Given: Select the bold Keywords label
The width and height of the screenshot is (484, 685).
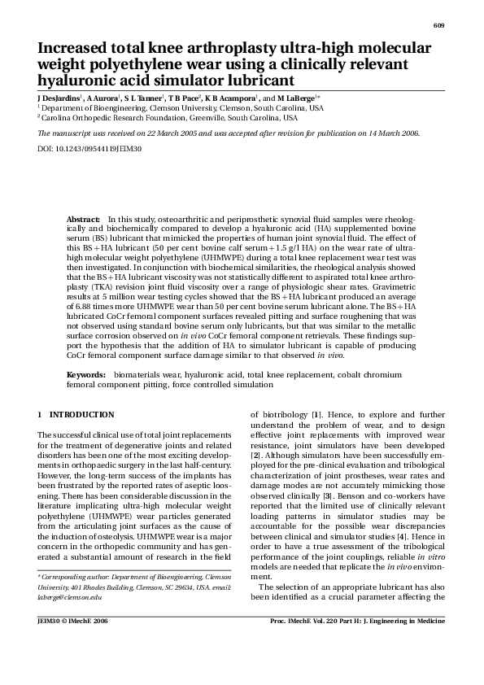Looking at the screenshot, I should (x=85, y=373).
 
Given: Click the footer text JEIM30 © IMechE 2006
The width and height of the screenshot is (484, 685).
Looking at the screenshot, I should (x=72, y=621).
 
